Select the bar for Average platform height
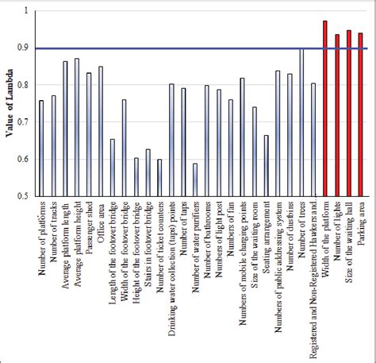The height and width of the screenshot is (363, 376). (x=77, y=126)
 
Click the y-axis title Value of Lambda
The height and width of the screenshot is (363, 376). (x=10, y=103)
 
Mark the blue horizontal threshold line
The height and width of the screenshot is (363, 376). (x=198, y=48)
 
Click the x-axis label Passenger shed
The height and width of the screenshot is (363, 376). (x=89, y=230)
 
